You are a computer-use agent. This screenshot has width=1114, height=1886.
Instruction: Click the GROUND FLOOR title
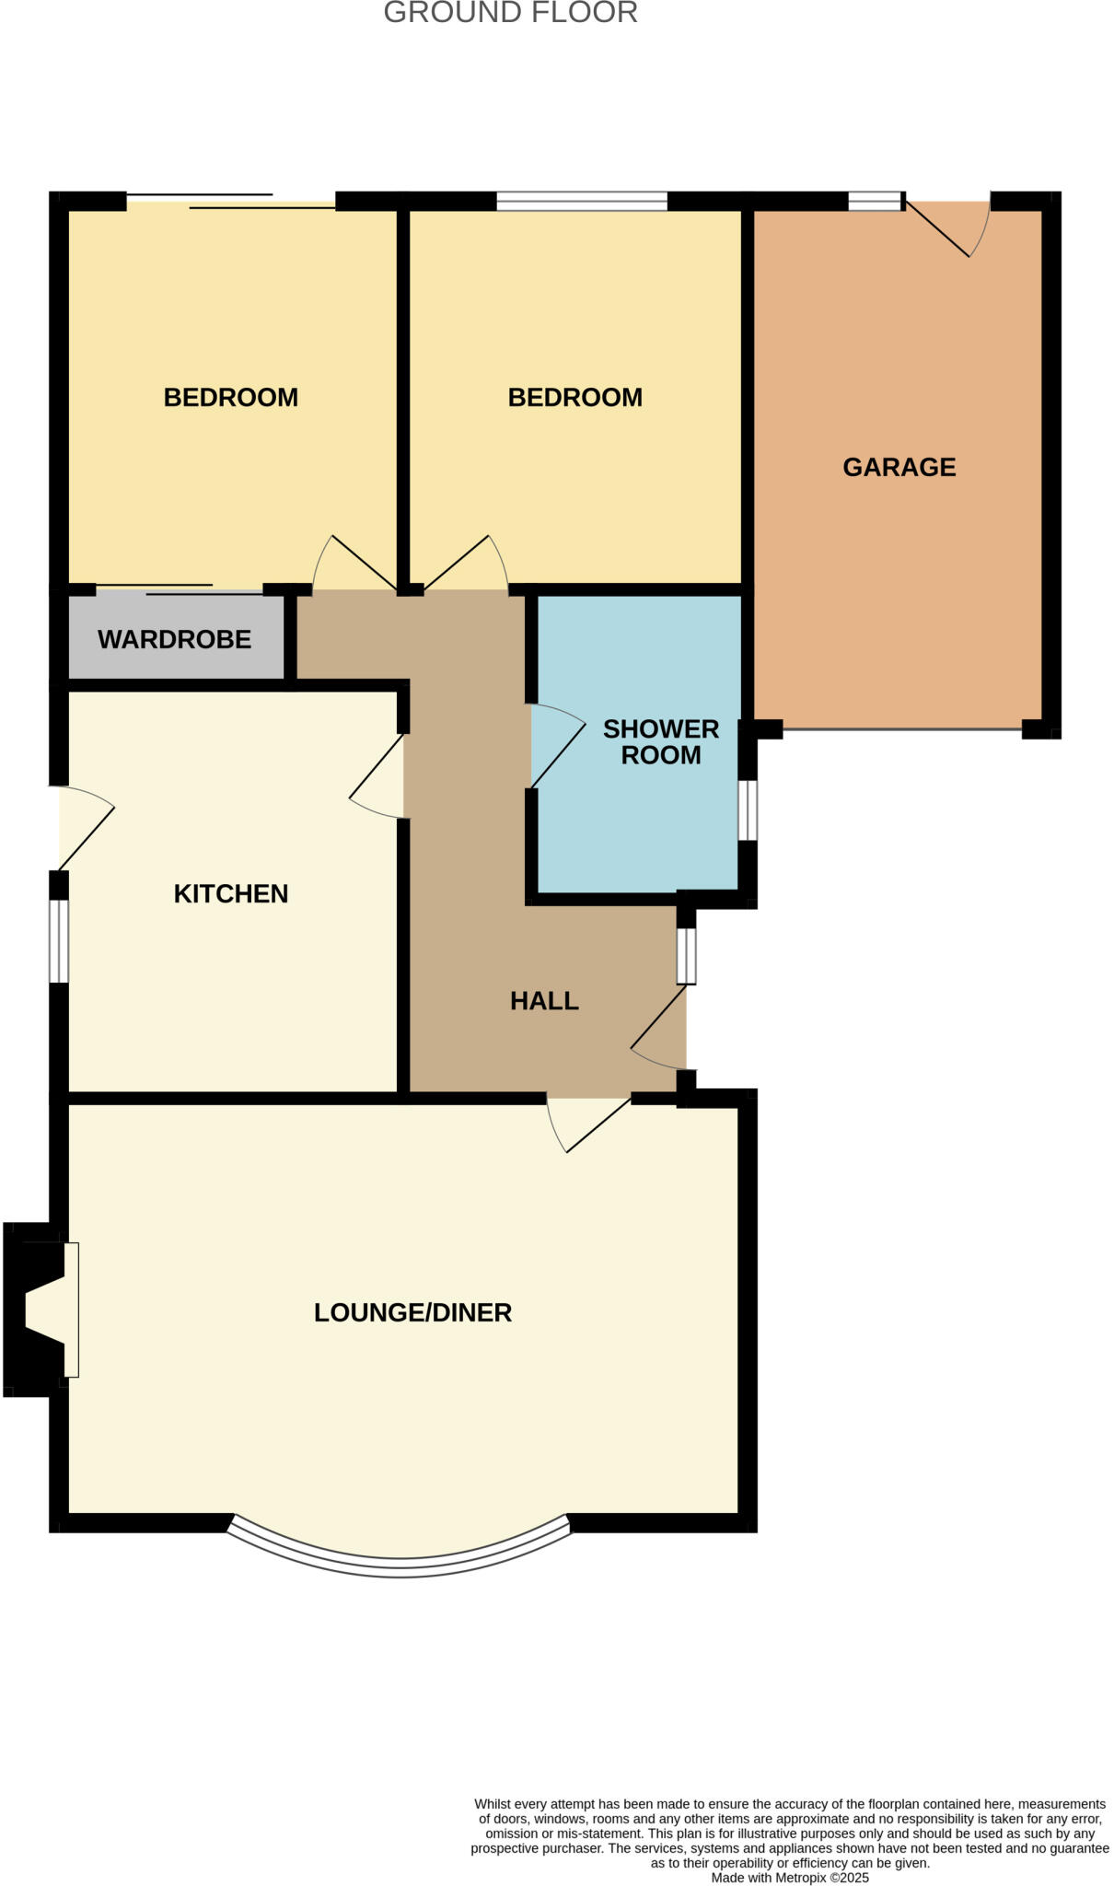(510, 13)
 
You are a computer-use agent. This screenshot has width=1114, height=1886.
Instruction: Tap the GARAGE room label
(899, 467)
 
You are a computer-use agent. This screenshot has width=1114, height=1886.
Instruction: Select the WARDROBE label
(174, 639)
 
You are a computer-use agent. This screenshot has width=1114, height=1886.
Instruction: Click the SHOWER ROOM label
(660, 741)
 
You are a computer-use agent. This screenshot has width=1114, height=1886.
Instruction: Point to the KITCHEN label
(231, 893)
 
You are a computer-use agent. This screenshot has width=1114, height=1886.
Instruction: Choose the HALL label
(544, 1001)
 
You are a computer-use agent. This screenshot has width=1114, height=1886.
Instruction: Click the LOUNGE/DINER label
(412, 1312)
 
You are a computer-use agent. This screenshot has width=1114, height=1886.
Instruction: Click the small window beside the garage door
(874, 201)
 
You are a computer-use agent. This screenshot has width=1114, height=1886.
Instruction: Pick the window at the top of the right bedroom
(581, 201)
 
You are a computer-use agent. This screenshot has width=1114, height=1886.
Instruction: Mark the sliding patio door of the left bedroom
(230, 202)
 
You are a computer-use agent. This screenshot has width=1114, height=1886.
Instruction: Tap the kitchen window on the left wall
(59, 940)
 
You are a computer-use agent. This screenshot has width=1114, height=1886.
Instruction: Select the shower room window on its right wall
(748, 810)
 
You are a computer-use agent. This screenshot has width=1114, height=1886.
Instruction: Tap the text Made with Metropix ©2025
(789, 1878)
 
